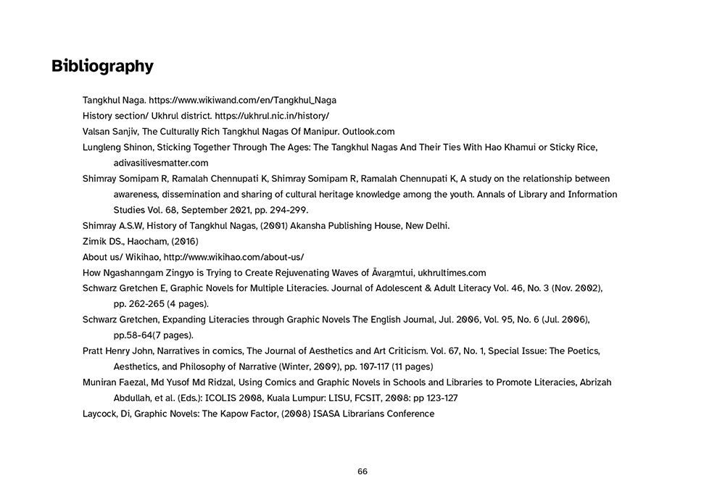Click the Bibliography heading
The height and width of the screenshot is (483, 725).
(102, 67)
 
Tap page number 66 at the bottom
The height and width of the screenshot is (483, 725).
(362, 471)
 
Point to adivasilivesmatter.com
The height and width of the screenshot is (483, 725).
(161, 163)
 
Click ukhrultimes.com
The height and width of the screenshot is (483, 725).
(452, 273)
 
